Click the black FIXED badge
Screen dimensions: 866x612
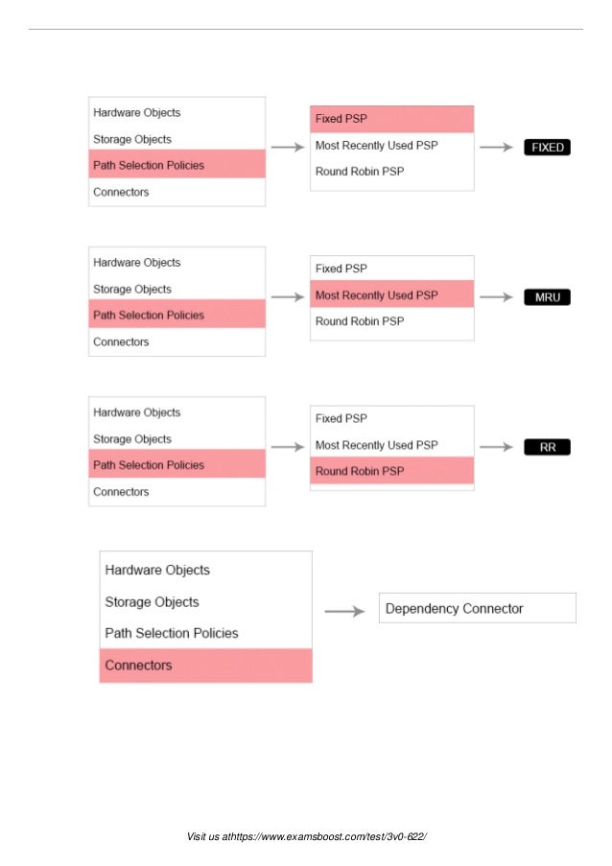(548, 148)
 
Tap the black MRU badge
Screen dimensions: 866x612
(548, 297)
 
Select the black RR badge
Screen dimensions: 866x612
(548, 447)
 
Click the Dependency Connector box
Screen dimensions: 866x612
(477, 608)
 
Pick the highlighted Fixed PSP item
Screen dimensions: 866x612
(391, 119)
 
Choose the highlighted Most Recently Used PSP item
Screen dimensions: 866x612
(391, 294)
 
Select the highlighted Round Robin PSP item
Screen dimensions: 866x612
(391, 471)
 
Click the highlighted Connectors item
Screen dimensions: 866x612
(205, 665)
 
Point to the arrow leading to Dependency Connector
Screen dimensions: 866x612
(344, 611)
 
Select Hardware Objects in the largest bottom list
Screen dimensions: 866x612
(157, 570)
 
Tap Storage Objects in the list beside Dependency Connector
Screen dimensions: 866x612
(153, 602)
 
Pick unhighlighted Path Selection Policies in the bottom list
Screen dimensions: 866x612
(172, 633)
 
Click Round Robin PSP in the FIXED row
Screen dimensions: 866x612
(360, 172)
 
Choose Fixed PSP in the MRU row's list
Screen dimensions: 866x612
(341, 269)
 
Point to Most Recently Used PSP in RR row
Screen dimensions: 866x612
(376, 445)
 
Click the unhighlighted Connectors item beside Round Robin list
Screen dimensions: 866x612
(121, 492)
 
